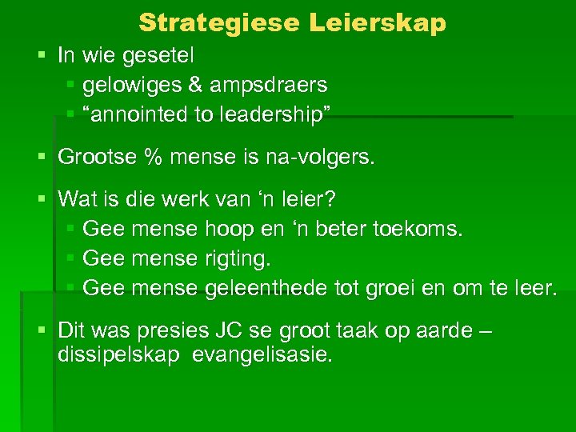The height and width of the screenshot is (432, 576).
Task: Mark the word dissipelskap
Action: pyautogui.click(x=118, y=354)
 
